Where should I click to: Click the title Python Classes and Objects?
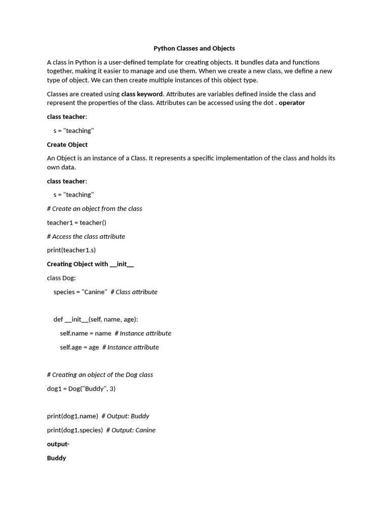[x=194, y=49]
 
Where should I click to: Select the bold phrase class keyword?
[x=142, y=94]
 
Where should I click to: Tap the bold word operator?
[x=292, y=103]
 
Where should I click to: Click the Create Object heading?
[x=67, y=145]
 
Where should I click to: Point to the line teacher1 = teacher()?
[x=76, y=223]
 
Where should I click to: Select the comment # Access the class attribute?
[x=86, y=237]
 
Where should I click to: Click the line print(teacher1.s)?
[x=71, y=250]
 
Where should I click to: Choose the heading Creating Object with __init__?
[x=90, y=264]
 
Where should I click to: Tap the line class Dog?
[x=61, y=278]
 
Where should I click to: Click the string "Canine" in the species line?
[x=94, y=292]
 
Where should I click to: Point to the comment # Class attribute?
[x=134, y=292]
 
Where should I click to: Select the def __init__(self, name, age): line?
[x=96, y=320]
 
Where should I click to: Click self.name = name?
[x=85, y=333]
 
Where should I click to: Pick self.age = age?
[x=80, y=348]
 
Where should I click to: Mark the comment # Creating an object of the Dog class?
[x=100, y=375]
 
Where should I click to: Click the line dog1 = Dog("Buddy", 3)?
[x=81, y=389]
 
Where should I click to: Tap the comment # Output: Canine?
[x=131, y=430]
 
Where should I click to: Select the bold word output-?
[x=58, y=444]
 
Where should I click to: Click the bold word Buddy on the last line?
[x=57, y=458]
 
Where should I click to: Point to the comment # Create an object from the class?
[x=95, y=209]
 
